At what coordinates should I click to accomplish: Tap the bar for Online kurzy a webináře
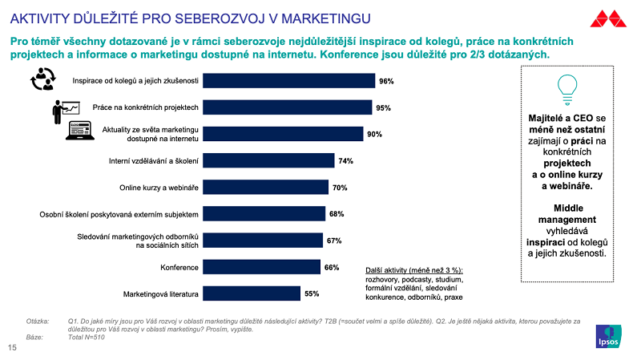point(265,187)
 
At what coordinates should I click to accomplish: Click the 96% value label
point(386,81)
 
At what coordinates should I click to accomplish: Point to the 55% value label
point(312,293)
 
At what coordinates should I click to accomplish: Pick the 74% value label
point(345,160)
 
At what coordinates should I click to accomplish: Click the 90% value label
point(374,134)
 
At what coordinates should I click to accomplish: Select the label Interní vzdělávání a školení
point(153,160)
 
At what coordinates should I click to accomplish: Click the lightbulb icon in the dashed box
point(567,85)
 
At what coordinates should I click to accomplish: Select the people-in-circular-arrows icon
point(42,79)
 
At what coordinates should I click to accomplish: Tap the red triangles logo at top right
point(609,18)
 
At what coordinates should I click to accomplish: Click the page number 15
point(12,348)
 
